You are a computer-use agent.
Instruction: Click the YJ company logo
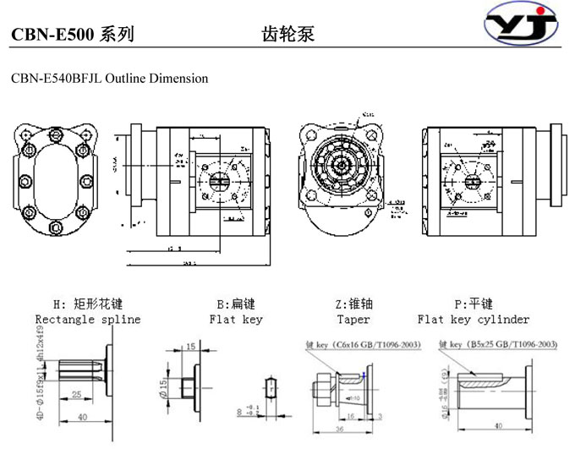(522, 26)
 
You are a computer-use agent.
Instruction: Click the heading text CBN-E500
(52, 35)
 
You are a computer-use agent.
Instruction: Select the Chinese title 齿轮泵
(287, 35)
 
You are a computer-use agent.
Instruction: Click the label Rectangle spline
(88, 320)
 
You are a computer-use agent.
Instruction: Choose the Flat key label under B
(236, 320)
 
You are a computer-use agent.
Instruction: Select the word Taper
(353, 320)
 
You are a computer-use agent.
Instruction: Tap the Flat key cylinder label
(474, 320)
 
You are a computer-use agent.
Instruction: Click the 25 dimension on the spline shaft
(76, 395)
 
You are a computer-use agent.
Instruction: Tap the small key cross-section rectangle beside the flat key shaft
(270, 388)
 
